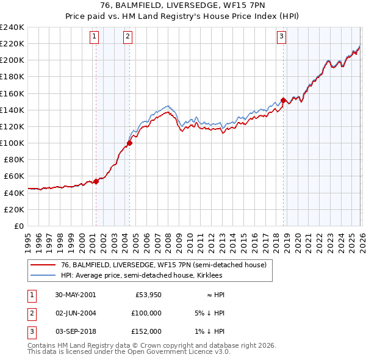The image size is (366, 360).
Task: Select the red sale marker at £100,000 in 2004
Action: [x=129, y=143]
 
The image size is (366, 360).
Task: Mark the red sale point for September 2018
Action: [x=283, y=100]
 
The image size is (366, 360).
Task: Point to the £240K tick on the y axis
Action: [x=12, y=27]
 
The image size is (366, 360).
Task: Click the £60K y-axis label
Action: [x=14, y=176]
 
